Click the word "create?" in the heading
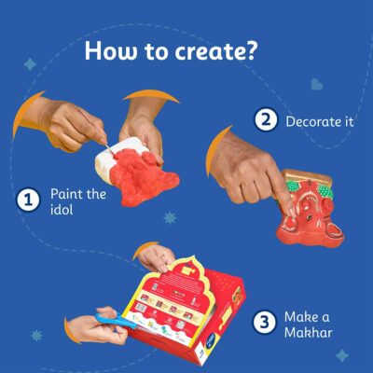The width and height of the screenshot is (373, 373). point(216,50)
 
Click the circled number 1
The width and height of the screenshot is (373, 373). point(28,200)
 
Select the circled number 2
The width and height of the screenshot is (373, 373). point(266,119)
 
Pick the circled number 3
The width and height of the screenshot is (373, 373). point(264,323)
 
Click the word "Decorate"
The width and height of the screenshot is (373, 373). point(312,121)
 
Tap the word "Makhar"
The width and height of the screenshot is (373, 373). point(309,333)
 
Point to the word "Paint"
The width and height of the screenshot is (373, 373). point(66,194)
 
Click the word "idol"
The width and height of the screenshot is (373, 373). point(62,209)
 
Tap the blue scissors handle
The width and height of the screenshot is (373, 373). point(115,321)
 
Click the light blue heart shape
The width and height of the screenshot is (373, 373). point(317,84)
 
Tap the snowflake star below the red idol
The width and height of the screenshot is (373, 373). point(170,217)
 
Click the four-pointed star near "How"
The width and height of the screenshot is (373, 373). point(30,64)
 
